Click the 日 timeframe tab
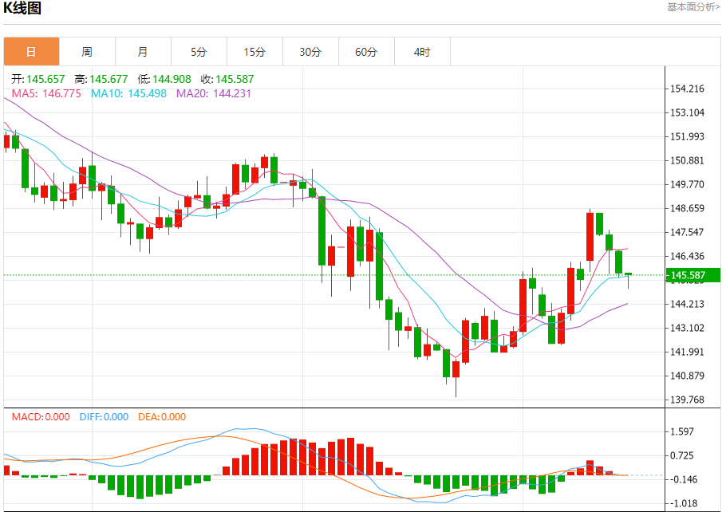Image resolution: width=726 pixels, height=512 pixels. (31, 52)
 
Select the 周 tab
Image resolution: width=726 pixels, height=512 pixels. (87, 52)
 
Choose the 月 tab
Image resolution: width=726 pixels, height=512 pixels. (143, 52)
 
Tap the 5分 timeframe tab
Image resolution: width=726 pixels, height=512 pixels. (199, 52)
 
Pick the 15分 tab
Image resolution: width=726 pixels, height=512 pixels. (254, 52)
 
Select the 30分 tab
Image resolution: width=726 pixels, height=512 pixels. (310, 52)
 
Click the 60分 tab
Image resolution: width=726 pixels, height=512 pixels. (366, 52)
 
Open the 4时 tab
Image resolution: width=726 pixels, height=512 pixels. (422, 52)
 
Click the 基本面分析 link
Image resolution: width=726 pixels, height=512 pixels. (692, 7)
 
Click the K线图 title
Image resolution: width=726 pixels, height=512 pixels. (22, 9)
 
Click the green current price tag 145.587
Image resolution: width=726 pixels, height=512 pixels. (692, 276)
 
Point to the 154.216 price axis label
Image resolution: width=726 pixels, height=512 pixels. (688, 89)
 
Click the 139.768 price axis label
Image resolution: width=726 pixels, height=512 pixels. (688, 400)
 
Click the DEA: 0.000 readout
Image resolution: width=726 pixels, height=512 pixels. (162, 417)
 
